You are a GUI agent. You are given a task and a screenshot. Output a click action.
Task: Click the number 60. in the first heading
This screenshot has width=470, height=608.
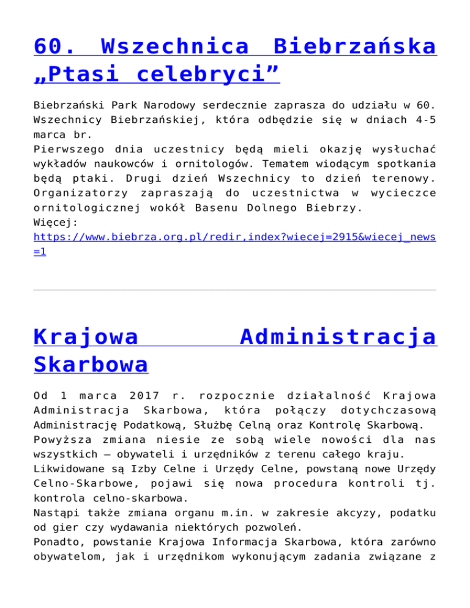coord(58,46)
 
